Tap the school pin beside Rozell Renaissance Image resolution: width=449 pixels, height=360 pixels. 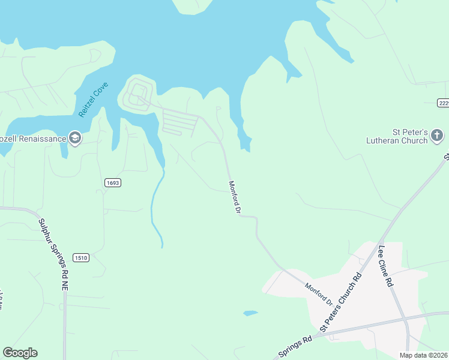(x=74, y=139)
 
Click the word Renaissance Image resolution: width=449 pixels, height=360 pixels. (x=41, y=139)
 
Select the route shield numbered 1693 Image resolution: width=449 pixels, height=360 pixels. (x=112, y=183)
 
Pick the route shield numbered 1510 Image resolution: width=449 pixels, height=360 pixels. (x=81, y=257)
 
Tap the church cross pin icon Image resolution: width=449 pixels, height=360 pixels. (x=438, y=136)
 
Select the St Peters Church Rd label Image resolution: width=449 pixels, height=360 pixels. (x=342, y=304)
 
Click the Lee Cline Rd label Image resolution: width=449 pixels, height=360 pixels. (x=385, y=266)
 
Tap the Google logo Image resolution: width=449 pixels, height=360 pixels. (x=20, y=353)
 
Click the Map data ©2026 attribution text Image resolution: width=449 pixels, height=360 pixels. (x=423, y=355)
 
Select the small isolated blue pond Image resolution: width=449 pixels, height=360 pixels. (x=250, y=313)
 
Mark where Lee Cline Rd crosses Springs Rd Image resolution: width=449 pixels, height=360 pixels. (x=406, y=317)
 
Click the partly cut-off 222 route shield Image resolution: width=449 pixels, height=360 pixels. (x=443, y=103)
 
